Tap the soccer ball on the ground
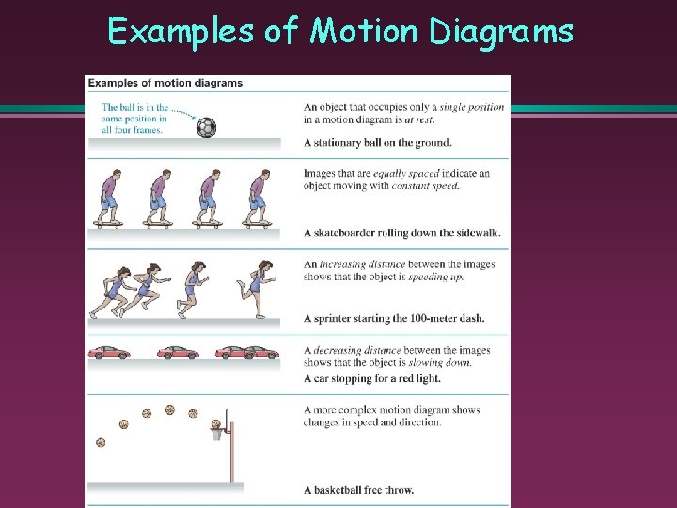pyautogui.click(x=206, y=127)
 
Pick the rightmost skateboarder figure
pyautogui.click(x=256, y=198)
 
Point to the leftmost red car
pyautogui.click(x=109, y=353)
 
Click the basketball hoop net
pyautogui.click(x=218, y=434)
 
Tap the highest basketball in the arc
pyautogui.click(x=170, y=409)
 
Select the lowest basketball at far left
pyautogui.click(x=101, y=442)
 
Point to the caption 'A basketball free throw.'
pyautogui.click(x=358, y=490)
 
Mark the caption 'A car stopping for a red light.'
pyautogui.click(x=372, y=379)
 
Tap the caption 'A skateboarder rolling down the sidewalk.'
pyautogui.click(x=401, y=233)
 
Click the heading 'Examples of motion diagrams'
pyautogui.click(x=165, y=83)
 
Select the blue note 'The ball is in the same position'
pyautogui.click(x=134, y=119)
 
